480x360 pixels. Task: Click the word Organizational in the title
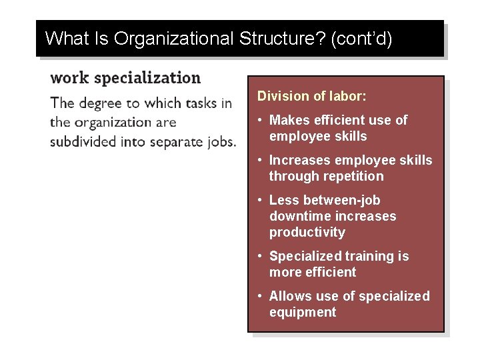pos(172,39)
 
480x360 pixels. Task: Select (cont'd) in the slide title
pos(361,39)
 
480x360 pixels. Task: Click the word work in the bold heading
pos(69,78)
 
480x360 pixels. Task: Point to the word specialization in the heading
pos(147,79)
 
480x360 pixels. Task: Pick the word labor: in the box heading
pos(347,96)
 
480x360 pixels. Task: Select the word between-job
pos(341,200)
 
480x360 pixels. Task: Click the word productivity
pos(307,232)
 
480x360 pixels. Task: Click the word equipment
pos(303,312)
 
